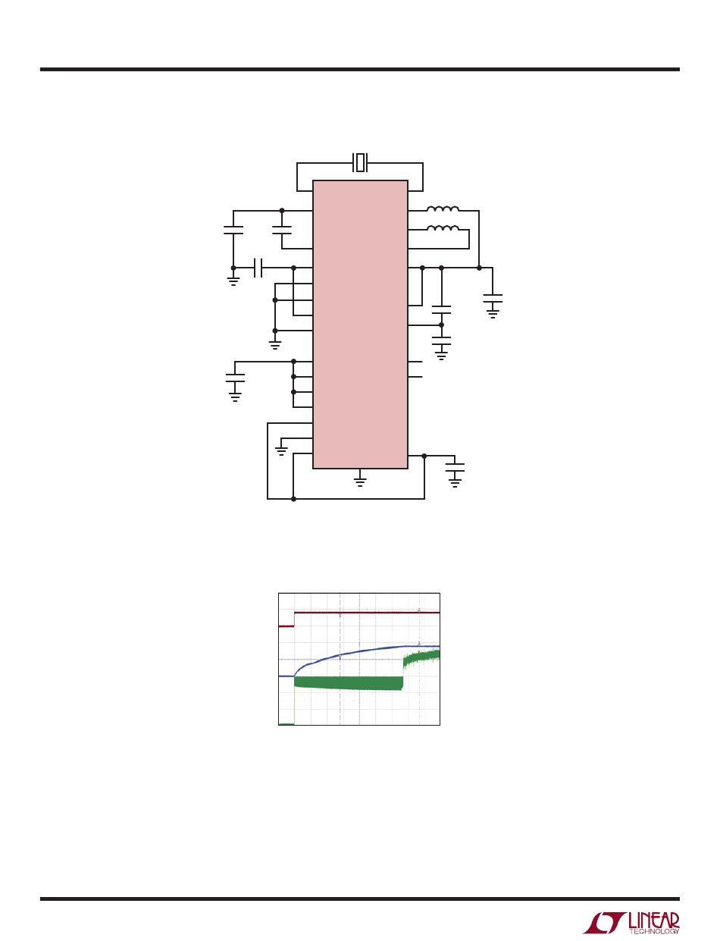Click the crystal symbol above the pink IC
click(359, 162)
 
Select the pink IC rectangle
click(360, 325)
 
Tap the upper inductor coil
click(443, 209)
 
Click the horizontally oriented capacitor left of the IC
click(258, 268)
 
